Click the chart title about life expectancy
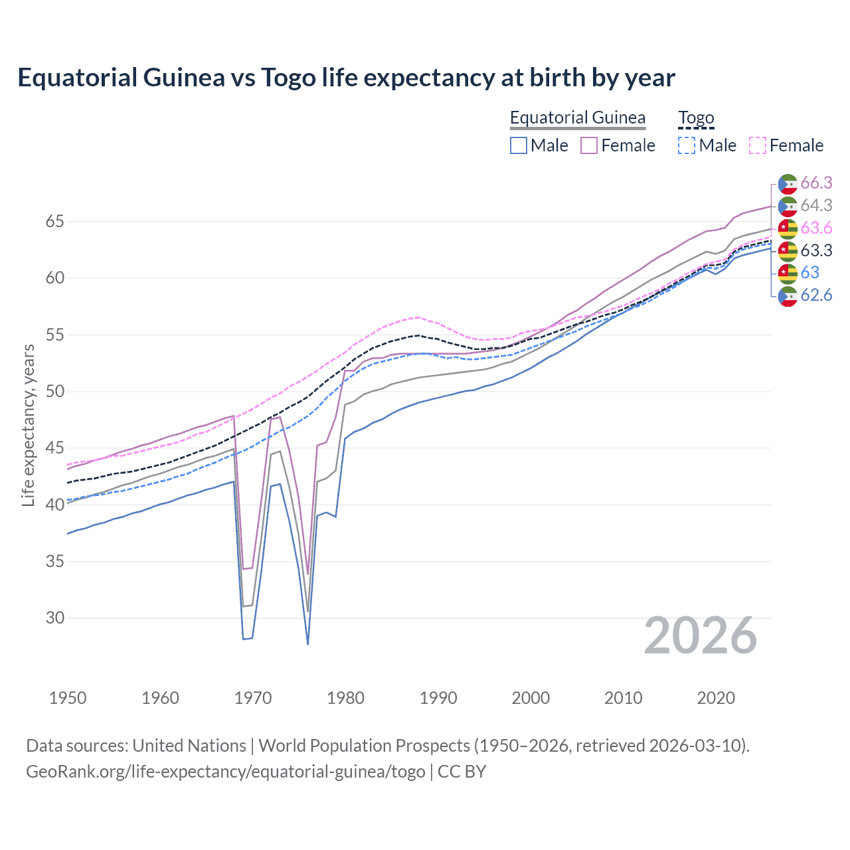[346, 78]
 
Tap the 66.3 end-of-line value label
[816, 183]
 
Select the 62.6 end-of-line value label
[816, 296]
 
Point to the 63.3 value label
[816, 250]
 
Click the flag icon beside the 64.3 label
[788, 206]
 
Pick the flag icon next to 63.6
[788, 228]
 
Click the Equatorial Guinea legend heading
[577, 118]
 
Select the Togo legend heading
[695, 118]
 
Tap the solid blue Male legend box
[519, 145]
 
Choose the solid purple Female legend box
[589, 145]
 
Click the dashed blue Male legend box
[687, 145]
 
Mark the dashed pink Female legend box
[758, 145]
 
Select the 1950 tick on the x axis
[68, 698]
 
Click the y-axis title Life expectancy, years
[28, 425]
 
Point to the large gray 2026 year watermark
[700, 636]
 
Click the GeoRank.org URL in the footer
[226, 772]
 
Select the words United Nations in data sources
[189, 746]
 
